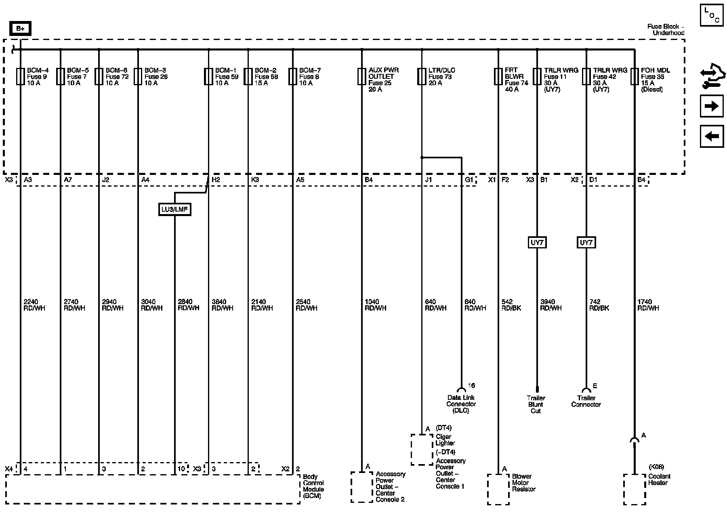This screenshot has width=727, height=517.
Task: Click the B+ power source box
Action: click(x=20, y=29)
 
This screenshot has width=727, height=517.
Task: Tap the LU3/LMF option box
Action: click(x=174, y=209)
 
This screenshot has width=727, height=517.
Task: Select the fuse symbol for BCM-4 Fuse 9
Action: click(x=20, y=76)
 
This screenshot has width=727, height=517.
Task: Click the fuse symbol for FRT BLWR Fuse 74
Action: click(x=498, y=76)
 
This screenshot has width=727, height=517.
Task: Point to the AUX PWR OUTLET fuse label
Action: click(x=383, y=80)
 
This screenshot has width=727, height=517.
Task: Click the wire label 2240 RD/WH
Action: click(x=34, y=305)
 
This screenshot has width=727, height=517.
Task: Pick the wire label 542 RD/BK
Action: click(x=511, y=305)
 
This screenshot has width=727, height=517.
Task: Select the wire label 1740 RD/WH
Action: click(x=648, y=305)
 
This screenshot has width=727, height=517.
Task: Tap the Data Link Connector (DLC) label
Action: click(x=461, y=404)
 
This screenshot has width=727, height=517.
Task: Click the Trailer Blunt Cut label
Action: click(x=536, y=404)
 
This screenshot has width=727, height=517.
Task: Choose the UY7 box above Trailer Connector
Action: click(x=586, y=242)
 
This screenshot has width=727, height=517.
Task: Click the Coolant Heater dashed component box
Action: click(x=635, y=489)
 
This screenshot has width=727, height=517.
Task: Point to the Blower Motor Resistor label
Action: click(x=523, y=483)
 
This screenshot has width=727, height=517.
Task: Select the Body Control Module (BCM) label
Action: click(x=313, y=486)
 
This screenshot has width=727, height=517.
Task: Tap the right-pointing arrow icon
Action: click(x=712, y=106)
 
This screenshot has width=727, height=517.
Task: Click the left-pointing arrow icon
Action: click(x=712, y=136)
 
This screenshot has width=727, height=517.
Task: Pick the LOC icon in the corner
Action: click(x=712, y=15)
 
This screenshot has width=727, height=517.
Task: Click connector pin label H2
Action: click(x=216, y=180)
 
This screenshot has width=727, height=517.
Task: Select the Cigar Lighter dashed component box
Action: click(x=422, y=450)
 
